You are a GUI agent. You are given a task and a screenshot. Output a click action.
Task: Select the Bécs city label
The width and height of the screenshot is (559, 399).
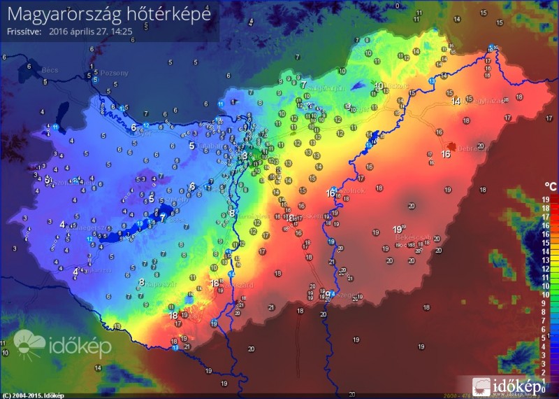[x=30, y=71]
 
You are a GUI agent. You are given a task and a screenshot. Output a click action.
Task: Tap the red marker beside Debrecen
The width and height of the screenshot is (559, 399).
[x=451, y=147]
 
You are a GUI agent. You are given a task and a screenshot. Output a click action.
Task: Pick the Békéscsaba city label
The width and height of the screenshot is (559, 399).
[x=409, y=238]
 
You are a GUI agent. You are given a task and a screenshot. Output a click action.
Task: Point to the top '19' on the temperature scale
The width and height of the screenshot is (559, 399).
[x=545, y=199]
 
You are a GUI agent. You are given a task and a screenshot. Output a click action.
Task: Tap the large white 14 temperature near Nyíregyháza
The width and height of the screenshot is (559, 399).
[x=456, y=101]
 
